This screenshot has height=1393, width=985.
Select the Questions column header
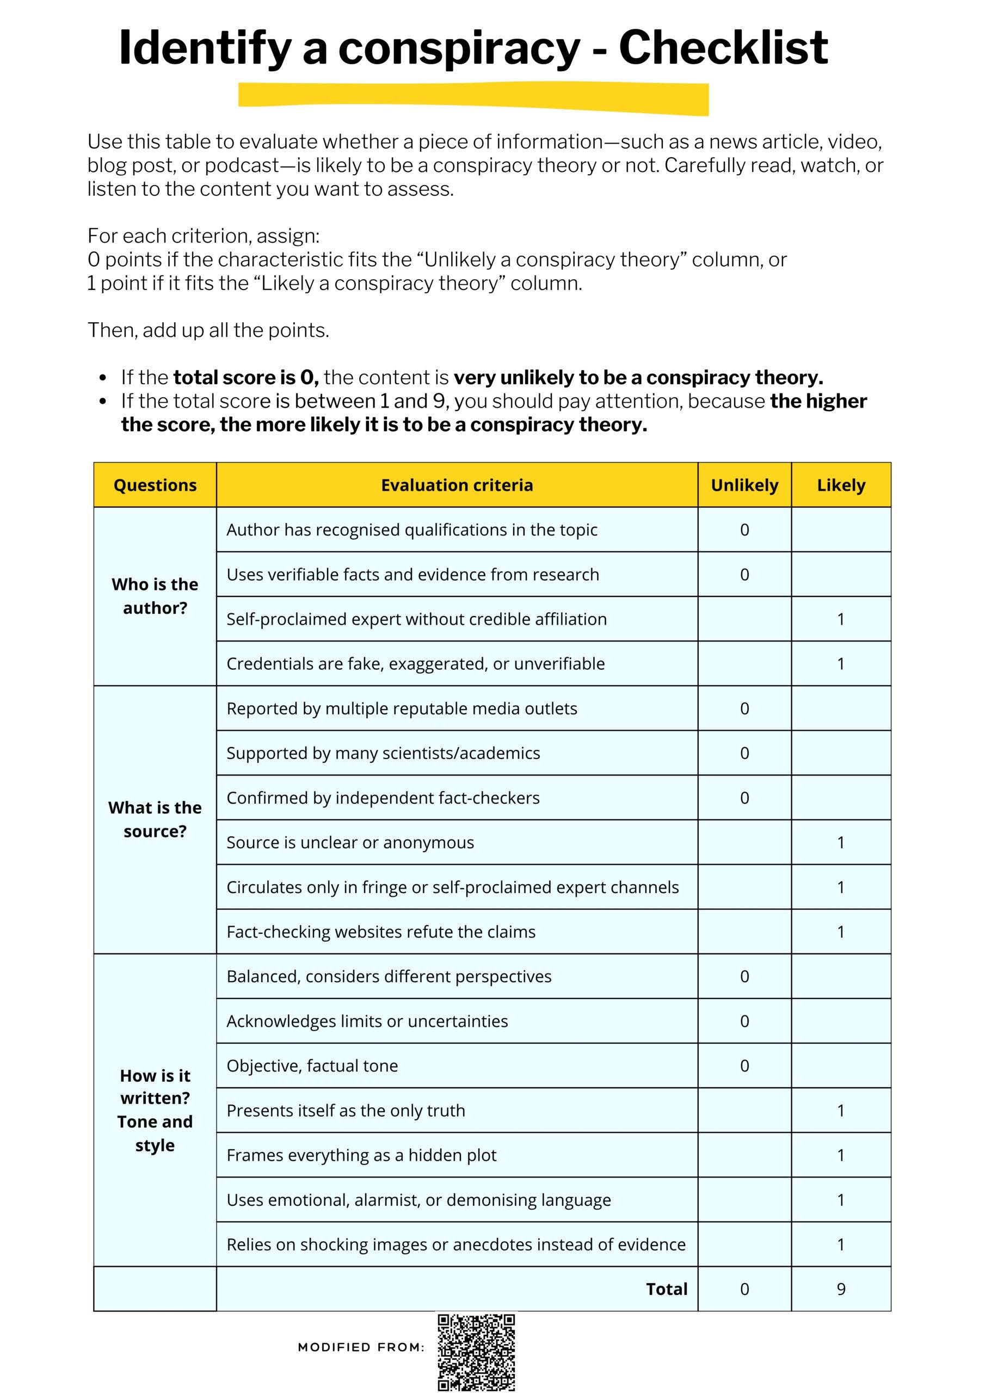(x=155, y=485)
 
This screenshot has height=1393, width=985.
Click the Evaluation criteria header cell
(x=457, y=485)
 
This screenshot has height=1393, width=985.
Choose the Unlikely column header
(x=744, y=485)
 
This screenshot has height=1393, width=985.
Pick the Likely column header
(x=841, y=485)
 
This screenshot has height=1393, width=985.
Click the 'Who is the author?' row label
(x=155, y=596)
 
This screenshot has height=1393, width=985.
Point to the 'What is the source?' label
(x=155, y=819)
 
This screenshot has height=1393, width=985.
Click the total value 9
(x=841, y=1289)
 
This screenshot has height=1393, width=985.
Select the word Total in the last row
(x=667, y=1289)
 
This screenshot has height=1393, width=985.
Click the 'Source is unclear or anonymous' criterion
(x=350, y=842)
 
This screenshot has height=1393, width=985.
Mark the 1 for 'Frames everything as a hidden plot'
(x=841, y=1155)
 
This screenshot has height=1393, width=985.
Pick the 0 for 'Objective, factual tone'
(x=744, y=1066)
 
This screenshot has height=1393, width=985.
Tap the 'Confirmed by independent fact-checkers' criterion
(x=383, y=798)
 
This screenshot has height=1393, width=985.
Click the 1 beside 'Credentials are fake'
(x=841, y=664)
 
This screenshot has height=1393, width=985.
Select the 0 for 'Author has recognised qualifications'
(x=744, y=529)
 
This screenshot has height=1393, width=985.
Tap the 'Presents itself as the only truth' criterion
(x=346, y=1110)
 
